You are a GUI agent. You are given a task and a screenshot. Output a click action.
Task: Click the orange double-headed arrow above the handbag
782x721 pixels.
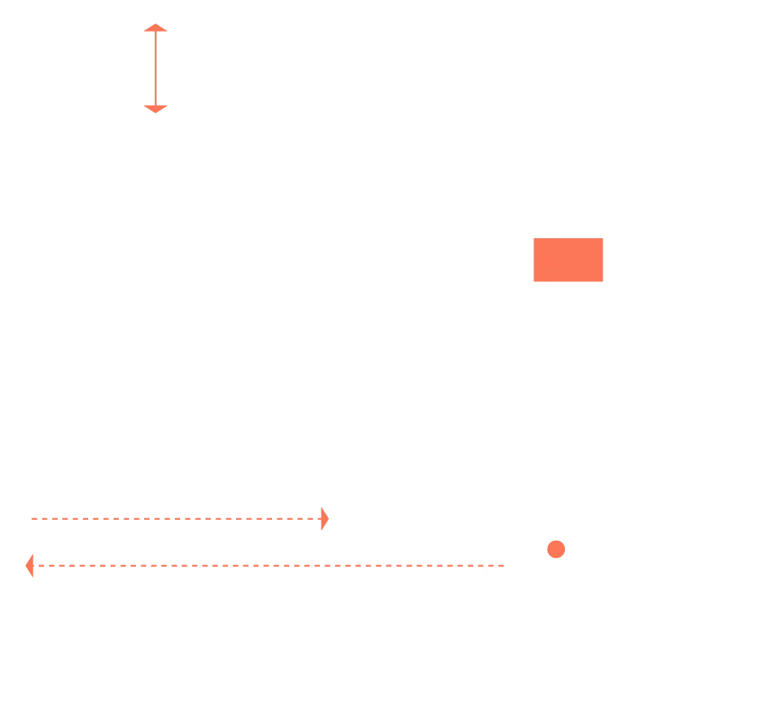pyautogui.click(x=156, y=68)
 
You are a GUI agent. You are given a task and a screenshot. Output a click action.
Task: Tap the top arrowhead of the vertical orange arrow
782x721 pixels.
pyautogui.click(x=156, y=30)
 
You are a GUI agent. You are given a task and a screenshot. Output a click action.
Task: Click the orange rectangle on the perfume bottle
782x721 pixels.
pyautogui.click(x=568, y=261)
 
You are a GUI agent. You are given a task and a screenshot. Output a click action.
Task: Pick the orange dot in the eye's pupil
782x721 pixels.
pyautogui.click(x=557, y=549)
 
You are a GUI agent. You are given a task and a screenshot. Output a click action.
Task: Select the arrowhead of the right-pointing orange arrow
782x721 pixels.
pyautogui.click(x=325, y=519)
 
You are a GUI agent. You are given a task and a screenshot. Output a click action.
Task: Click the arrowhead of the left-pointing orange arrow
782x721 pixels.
pyautogui.click(x=29, y=566)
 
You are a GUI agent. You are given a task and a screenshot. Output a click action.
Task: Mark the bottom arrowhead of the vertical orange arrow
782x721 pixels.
pyautogui.click(x=156, y=108)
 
